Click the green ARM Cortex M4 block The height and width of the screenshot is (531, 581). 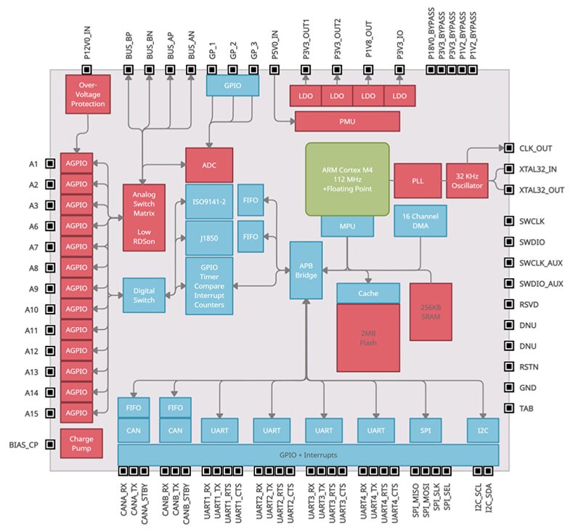(x=346, y=178)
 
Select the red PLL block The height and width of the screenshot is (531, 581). (x=418, y=181)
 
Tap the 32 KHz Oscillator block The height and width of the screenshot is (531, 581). (x=466, y=181)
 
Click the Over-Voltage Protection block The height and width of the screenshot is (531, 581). (x=87, y=93)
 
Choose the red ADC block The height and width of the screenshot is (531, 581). (x=209, y=165)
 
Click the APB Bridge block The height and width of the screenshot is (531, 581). (x=306, y=270)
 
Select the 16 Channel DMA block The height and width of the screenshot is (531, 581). (x=420, y=221)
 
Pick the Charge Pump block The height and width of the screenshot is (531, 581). (x=81, y=445)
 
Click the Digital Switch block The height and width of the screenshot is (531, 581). (x=144, y=295)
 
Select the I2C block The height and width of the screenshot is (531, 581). (x=483, y=431)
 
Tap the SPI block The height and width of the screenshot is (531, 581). (x=425, y=431)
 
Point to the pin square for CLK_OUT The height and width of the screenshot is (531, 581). (x=509, y=148)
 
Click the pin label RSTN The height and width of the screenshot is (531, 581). (x=528, y=367)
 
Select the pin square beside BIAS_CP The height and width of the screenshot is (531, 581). (x=49, y=445)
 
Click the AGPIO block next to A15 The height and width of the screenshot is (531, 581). (x=76, y=413)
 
